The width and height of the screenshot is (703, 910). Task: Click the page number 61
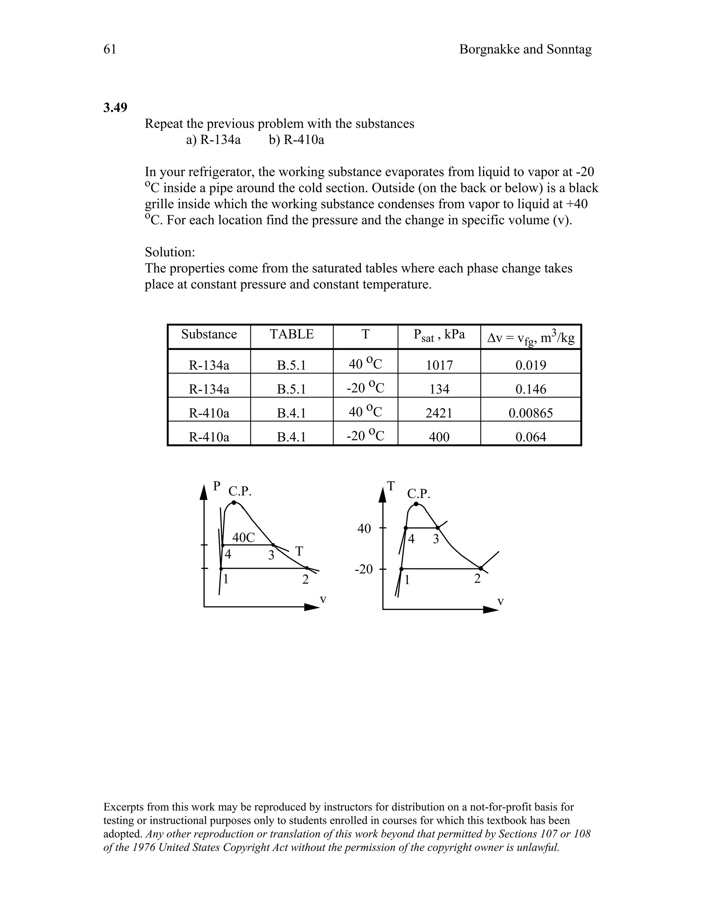pos(110,49)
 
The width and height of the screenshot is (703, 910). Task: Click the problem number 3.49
pos(115,108)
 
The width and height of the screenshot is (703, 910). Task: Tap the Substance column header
pos(209,334)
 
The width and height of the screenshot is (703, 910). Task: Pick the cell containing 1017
pos(439,365)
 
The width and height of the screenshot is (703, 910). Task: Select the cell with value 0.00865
pos(531,413)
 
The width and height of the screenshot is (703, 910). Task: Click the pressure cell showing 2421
pos(439,413)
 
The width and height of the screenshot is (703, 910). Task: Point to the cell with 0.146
pos(531,389)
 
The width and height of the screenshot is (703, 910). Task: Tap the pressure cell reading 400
pos(439,437)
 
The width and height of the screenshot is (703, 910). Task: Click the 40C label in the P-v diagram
pos(243,537)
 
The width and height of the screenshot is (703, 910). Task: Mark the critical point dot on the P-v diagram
pos(234,502)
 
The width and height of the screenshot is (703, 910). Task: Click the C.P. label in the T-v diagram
pos(418,494)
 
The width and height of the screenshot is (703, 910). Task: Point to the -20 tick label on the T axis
pos(363,569)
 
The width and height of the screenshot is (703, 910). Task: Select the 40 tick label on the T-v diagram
pos(364,529)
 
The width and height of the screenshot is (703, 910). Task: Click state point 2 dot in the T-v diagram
pos(481,568)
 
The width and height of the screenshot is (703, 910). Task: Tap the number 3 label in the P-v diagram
pos(271,555)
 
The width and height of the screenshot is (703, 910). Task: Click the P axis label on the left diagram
pos(216,486)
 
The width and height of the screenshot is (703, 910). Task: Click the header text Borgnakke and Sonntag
pos(525,49)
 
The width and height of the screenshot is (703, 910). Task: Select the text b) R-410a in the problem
pos(296,140)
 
